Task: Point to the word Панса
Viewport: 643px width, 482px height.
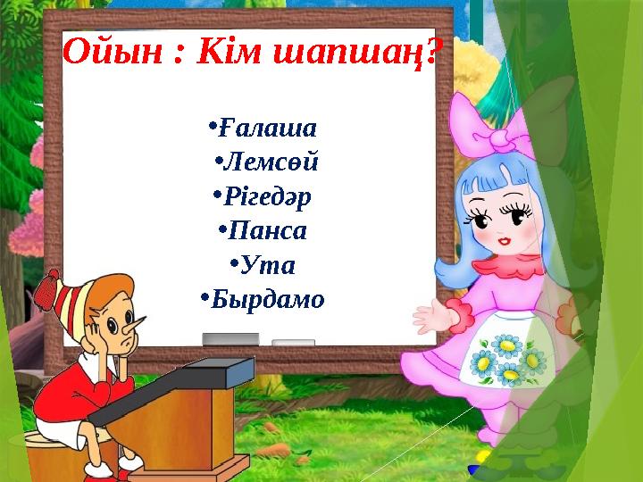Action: [x=268, y=231]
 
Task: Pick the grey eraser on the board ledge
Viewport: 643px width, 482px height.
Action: [x=230, y=338]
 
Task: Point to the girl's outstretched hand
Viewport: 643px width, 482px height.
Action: [x=429, y=314]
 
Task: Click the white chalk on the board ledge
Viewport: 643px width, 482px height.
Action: [x=293, y=342]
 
